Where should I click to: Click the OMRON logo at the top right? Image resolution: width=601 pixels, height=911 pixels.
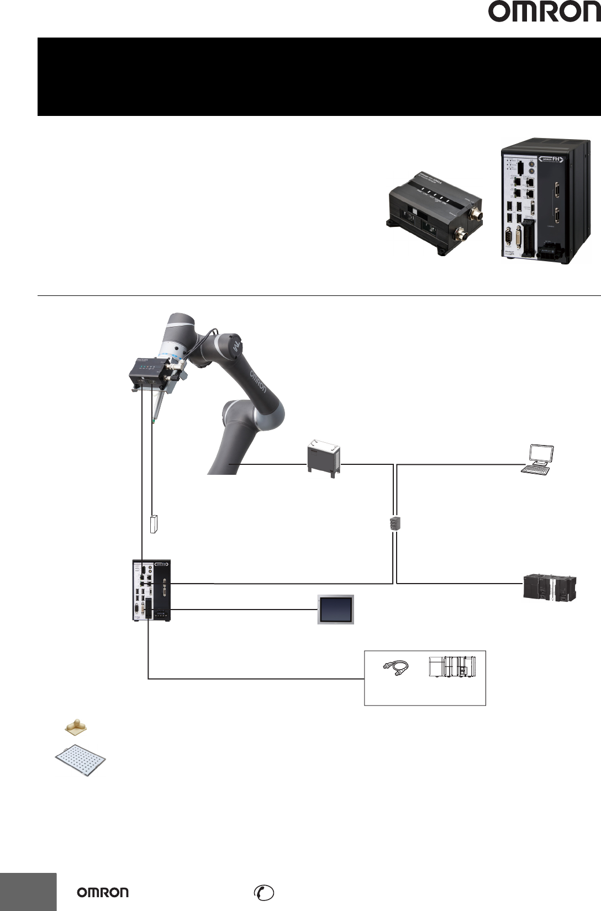pos(544,12)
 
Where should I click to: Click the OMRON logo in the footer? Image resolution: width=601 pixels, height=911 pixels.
pos(103,892)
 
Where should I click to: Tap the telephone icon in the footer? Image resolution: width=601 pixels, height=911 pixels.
pos(263,892)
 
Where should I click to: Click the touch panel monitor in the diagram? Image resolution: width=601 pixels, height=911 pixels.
pos(336,610)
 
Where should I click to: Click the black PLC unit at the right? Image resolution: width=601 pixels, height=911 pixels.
pos(550,587)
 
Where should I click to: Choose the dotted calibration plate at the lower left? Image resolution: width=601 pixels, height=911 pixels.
pos(80,760)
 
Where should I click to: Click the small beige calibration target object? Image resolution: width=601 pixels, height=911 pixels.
pos(76,728)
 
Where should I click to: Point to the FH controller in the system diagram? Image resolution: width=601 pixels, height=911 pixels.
pos(151,590)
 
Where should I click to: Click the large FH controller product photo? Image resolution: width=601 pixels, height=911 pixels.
pos(546,201)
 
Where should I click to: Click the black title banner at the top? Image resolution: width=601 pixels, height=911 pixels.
pos(319,77)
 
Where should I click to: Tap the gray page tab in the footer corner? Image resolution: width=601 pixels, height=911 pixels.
pos(28,892)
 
